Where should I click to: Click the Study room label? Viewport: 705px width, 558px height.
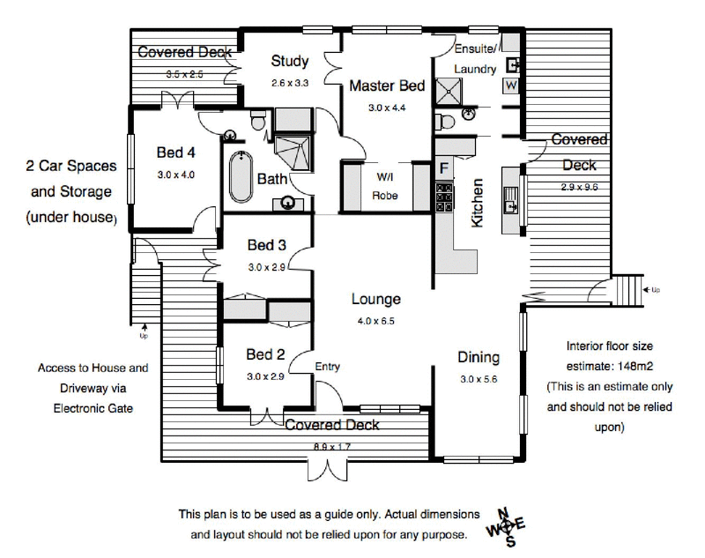(290, 62)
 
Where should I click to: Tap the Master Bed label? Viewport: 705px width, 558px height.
(387, 86)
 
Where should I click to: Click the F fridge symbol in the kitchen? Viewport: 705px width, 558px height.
(444, 167)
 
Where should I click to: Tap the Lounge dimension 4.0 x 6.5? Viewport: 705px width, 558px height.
(376, 321)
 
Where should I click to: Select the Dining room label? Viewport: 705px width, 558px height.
(479, 357)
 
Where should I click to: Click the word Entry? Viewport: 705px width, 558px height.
(327, 367)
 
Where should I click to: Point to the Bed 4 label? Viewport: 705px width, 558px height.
(175, 153)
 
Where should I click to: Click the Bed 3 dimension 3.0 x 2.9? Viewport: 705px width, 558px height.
(267, 266)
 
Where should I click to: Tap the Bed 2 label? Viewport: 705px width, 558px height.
(265, 354)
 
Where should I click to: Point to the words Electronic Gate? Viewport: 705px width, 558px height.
(93, 408)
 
